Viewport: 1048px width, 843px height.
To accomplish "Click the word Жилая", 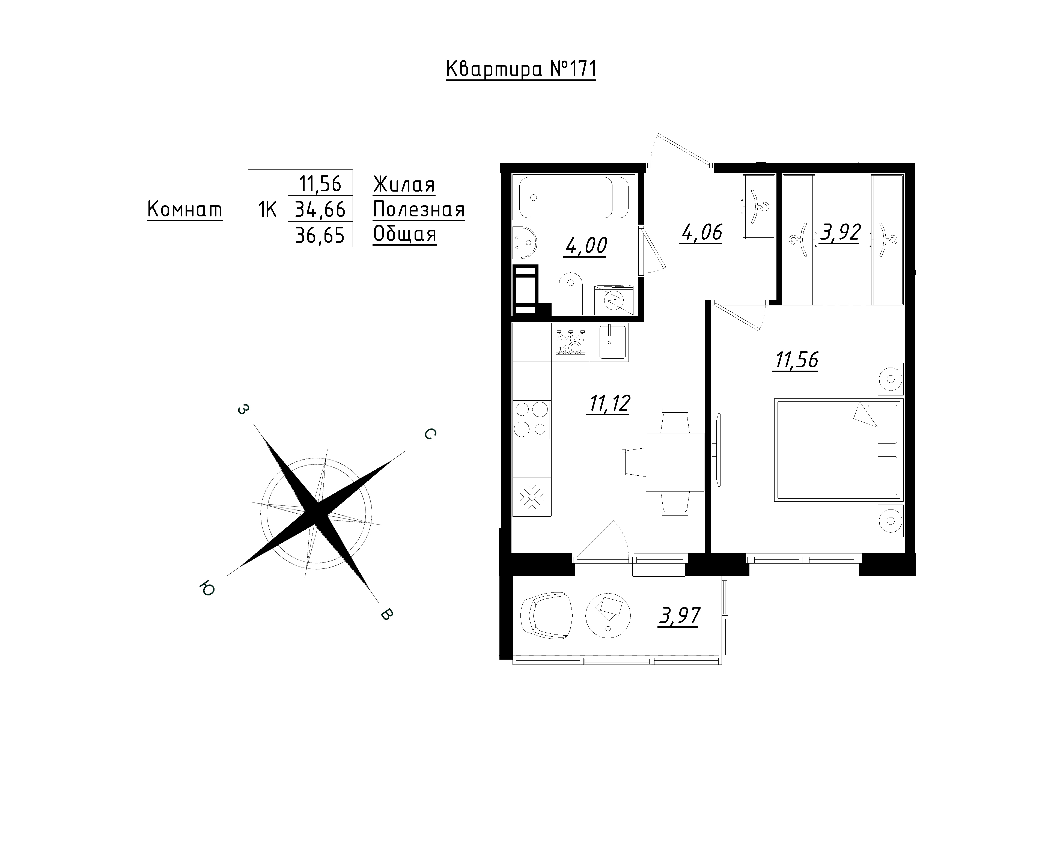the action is pos(404,185).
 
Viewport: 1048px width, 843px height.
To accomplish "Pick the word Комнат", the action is pos(185,210).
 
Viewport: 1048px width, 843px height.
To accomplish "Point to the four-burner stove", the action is pos(532,419).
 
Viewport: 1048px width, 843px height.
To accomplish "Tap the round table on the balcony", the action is pos(608,615).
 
